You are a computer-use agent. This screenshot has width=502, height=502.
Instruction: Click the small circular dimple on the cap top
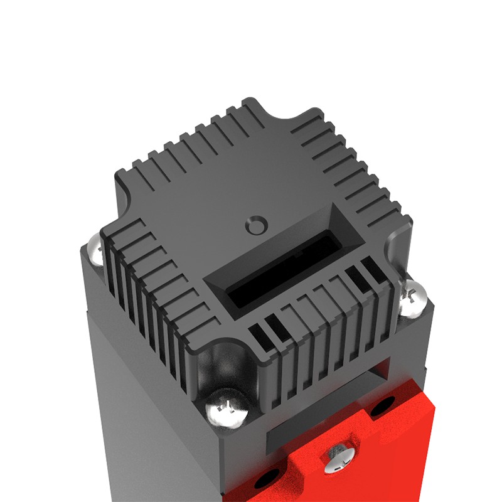pyautogui.click(x=256, y=223)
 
